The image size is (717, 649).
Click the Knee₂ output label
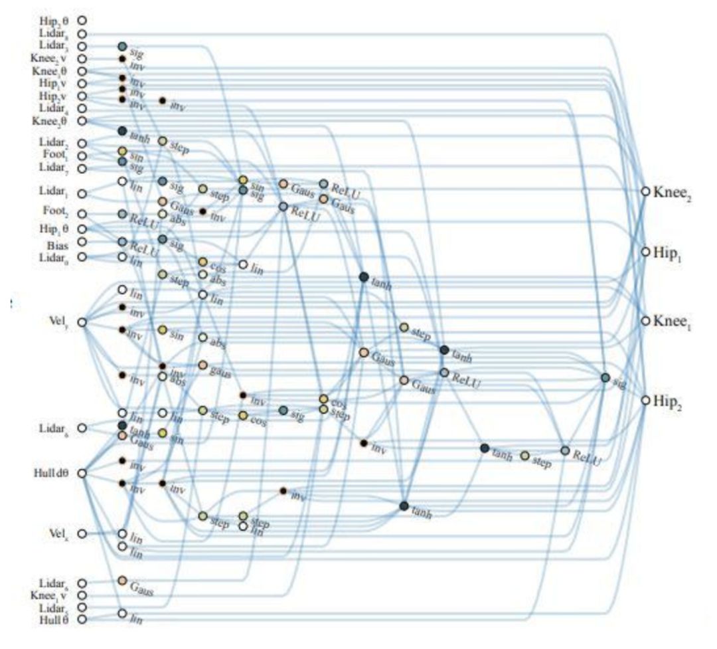tap(672, 192)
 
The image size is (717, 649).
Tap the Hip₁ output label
tap(667, 253)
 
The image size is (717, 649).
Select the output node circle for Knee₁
tap(645, 321)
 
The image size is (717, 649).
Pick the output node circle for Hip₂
tap(645, 401)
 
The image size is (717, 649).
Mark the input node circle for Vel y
tap(82, 322)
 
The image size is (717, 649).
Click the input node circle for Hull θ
tap(82, 619)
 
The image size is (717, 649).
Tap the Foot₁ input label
tap(58, 156)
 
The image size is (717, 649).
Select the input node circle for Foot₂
tap(82, 214)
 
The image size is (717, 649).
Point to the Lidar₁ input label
tap(55, 193)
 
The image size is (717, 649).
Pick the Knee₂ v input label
tap(53, 58)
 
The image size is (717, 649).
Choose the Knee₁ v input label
tap(53, 595)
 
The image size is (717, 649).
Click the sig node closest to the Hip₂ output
tap(605, 378)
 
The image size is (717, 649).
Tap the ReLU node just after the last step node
tap(565, 450)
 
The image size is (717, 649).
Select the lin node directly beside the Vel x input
tap(122, 533)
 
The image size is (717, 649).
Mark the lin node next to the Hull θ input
tap(122, 613)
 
